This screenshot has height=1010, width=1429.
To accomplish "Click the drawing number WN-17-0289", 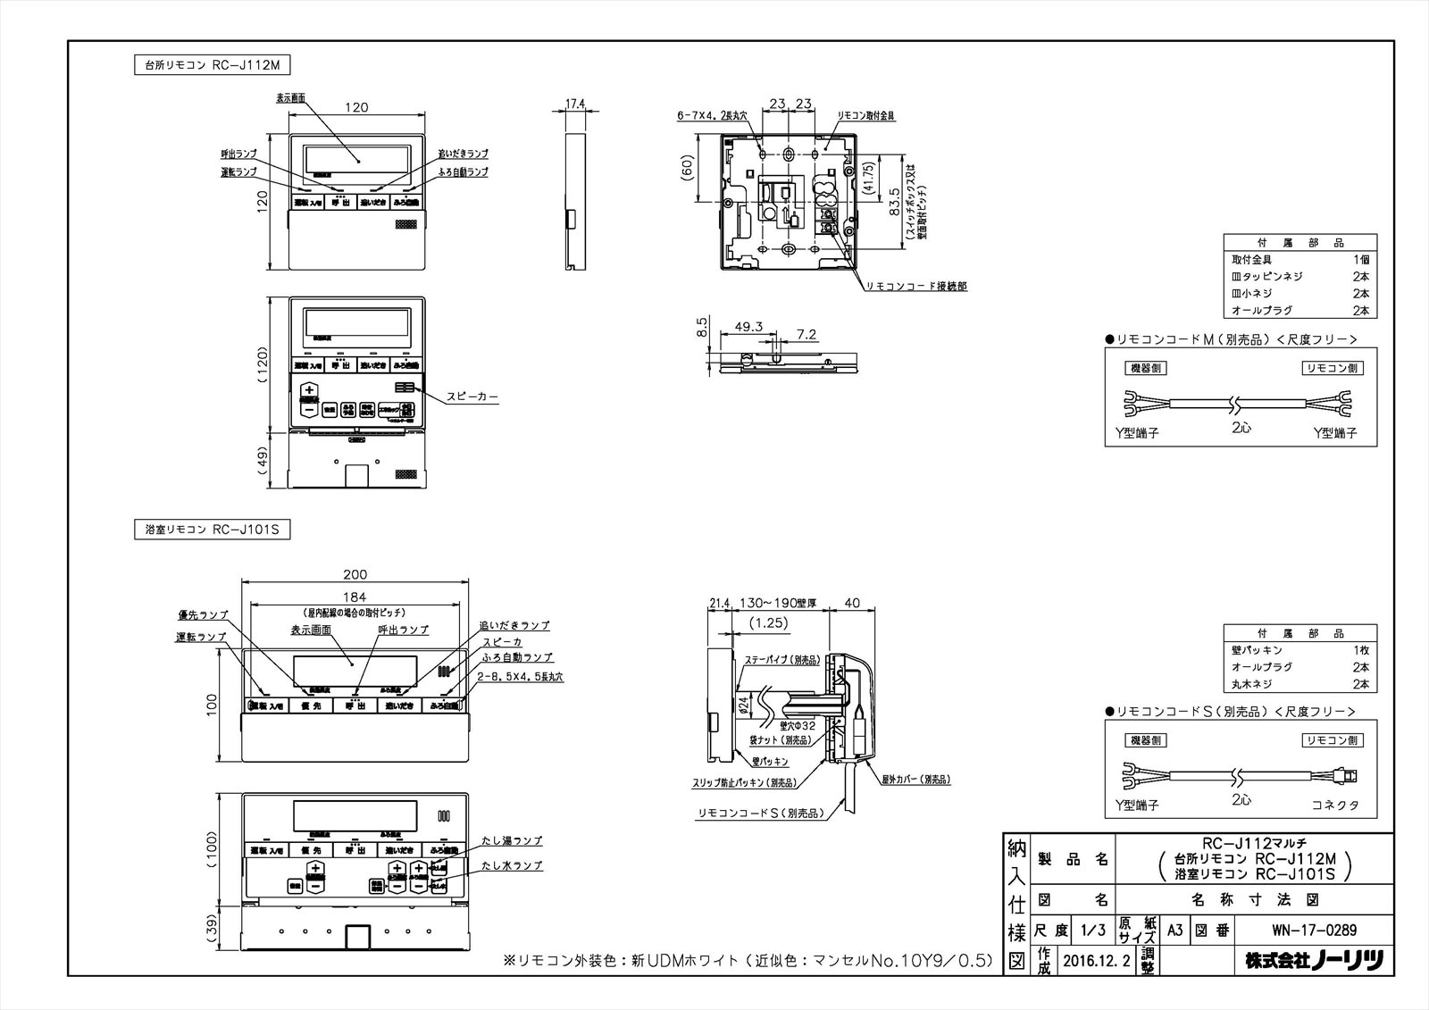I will pyautogui.click(x=1314, y=930).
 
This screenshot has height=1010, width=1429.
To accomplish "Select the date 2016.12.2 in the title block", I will pyautogui.click(x=1097, y=960).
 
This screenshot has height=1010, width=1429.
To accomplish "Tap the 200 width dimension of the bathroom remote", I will pyautogui.click(x=355, y=574).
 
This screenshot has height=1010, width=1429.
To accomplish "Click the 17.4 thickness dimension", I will pyautogui.click(x=576, y=104).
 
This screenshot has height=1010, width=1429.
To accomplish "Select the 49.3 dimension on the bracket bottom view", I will pyautogui.click(x=748, y=327).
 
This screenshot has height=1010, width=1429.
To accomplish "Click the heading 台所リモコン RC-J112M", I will pyautogui.click(x=213, y=65).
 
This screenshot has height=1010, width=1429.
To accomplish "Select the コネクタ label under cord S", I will pyautogui.click(x=1335, y=805).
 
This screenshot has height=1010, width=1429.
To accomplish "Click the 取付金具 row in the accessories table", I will pyautogui.click(x=1250, y=259).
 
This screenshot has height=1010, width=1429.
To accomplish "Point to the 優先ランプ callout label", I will pyautogui.click(x=203, y=615).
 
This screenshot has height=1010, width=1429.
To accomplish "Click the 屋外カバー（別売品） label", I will pyautogui.click(x=915, y=779).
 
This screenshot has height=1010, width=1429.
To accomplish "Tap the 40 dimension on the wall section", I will pyautogui.click(x=852, y=604).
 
